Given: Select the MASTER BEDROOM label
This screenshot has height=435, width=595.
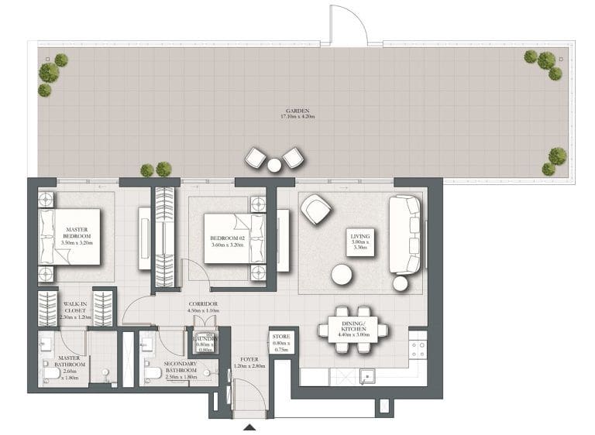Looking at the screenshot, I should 76,233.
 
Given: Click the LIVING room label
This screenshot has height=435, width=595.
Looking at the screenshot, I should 360,237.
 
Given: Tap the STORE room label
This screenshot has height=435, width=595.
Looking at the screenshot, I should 280,337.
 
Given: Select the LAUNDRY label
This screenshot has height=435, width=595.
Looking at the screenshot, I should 205,339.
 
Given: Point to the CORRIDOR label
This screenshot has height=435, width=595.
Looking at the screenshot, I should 203,304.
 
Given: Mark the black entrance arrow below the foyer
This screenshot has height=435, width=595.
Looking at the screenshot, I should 249,426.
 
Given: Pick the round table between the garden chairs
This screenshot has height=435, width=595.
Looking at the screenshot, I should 274,164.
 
